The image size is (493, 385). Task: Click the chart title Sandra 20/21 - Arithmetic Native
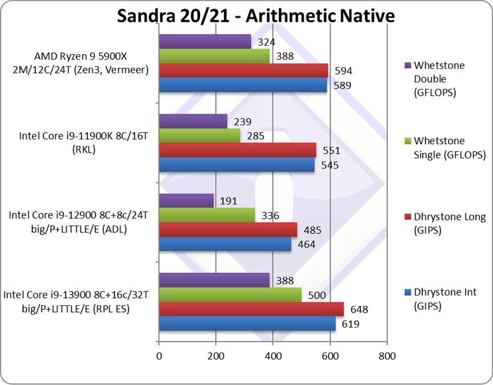[255, 15]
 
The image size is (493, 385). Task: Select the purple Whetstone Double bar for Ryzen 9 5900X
[205, 42]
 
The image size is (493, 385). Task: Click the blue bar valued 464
[225, 245]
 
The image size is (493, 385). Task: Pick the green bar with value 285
[199, 136]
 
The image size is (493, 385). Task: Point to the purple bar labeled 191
[186, 200]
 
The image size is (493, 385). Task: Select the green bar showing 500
[230, 295]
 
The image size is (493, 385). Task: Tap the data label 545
[330, 166]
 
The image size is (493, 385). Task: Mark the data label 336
[270, 216]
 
